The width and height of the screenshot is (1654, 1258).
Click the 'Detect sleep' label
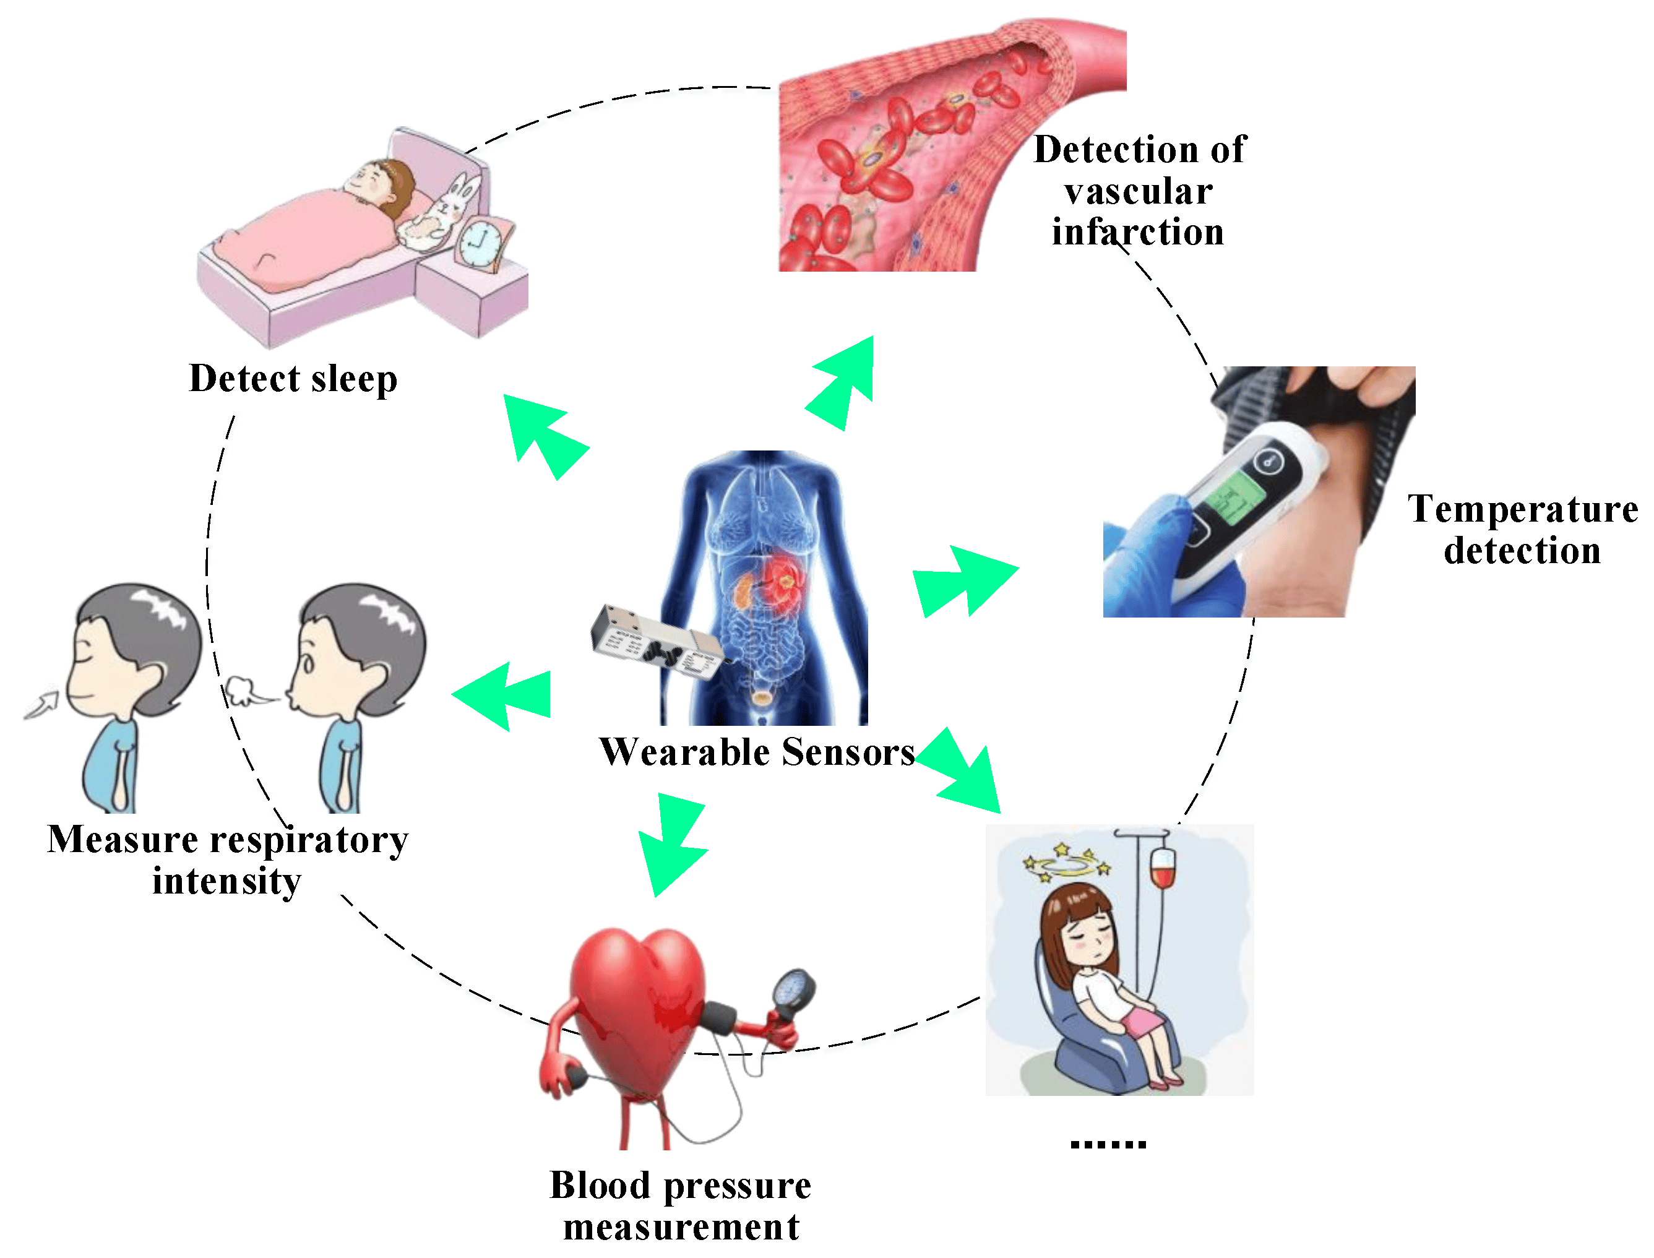(293, 379)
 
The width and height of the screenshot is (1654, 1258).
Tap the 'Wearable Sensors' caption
(757, 752)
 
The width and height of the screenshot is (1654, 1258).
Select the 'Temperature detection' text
(1523, 530)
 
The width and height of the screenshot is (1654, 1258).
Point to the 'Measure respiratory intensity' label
(228, 859)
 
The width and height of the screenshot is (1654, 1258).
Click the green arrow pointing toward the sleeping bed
(546, 436)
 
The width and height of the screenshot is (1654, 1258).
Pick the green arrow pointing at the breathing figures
(502, 696)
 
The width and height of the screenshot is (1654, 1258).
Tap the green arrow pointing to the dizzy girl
(959, 770)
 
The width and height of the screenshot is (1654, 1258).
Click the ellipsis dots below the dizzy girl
(1108, 1144)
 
